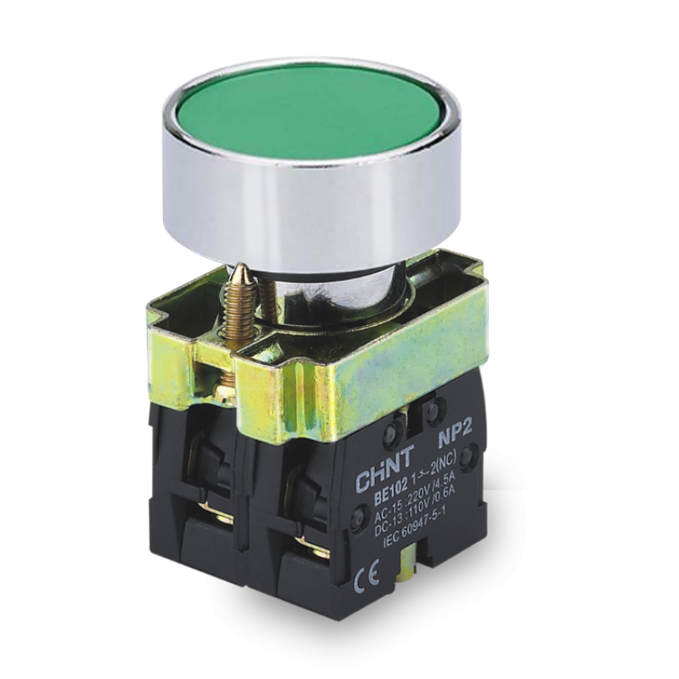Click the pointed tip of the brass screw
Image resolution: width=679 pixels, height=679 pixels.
point(240,273)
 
